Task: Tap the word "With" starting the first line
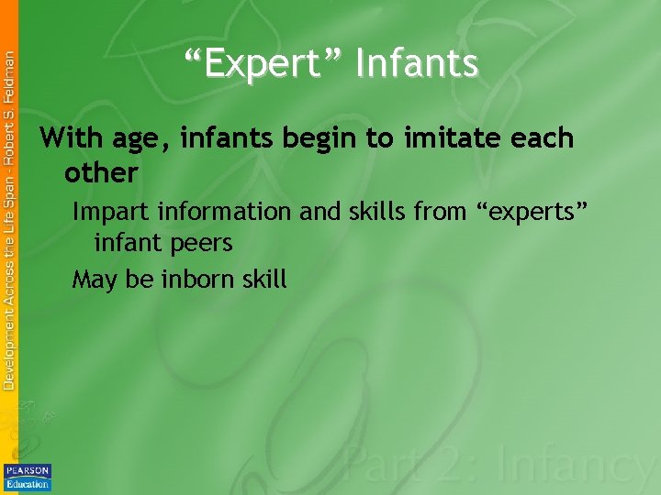[x=73, y=139]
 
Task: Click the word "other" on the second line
[x=101, y=172]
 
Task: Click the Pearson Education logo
[x=28, y=477]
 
